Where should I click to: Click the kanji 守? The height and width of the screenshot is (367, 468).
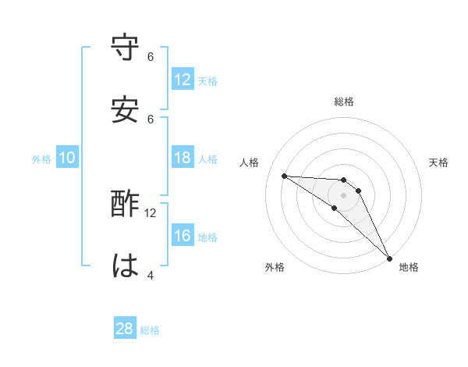point(126,48)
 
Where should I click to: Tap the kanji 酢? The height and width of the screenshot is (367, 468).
point(126,204)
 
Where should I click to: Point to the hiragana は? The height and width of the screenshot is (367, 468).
point(126,266)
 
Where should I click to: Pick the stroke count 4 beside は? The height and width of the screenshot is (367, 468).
point(151,275)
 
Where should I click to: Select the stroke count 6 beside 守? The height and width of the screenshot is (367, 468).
point(151,56)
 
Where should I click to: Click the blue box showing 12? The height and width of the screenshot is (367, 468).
point(183,80)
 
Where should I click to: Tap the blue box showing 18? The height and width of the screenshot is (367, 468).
point(183,158)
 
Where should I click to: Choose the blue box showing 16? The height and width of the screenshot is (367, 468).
point(183,236)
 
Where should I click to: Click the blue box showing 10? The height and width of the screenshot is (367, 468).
point(67,158)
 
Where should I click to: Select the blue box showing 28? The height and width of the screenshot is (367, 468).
point(125,329)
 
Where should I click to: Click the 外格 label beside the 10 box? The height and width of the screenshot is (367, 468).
point(41,159)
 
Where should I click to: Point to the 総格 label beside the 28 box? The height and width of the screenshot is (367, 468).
point(150,330)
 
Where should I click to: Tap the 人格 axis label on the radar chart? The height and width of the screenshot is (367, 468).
point(250,162)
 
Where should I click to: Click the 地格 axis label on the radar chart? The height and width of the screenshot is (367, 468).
point(409,267)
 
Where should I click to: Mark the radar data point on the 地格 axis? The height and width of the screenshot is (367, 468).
point(389,258)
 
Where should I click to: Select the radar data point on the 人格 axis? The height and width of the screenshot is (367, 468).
point(284,176)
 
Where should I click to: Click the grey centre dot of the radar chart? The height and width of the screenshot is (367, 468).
point(344,194)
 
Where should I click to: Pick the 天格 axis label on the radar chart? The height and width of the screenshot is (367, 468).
point(439,162)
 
